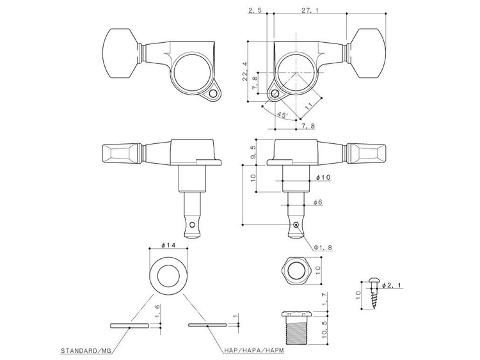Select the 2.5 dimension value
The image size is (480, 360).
click(254, 11)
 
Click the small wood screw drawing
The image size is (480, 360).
click(374, 295)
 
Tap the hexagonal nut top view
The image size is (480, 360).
click(295, 269)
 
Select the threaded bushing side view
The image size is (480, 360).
click(296, 328)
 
